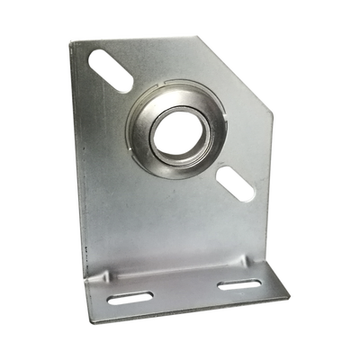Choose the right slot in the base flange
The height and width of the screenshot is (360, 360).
coord(238,286)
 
